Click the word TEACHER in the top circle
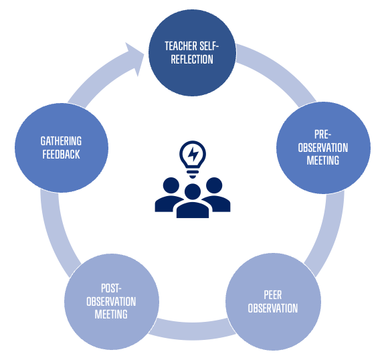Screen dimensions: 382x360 181,46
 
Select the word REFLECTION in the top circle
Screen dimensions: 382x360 192,60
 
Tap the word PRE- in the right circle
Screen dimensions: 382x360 323,134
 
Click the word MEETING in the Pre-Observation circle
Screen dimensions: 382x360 323,161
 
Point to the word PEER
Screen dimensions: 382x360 272,295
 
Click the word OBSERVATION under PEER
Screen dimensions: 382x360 272,308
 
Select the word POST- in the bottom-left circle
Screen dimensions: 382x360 111,288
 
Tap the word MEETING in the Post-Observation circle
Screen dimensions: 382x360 111,314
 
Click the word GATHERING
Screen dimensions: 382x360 61,141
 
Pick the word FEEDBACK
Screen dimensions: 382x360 61,155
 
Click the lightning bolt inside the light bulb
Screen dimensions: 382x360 193,154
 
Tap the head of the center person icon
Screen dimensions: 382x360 193,191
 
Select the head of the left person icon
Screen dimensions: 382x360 171,185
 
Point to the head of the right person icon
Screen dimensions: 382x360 214,185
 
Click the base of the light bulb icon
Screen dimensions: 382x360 193,173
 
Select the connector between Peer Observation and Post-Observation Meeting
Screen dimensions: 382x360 193,330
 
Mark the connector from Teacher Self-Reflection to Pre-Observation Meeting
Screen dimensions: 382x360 280,71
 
